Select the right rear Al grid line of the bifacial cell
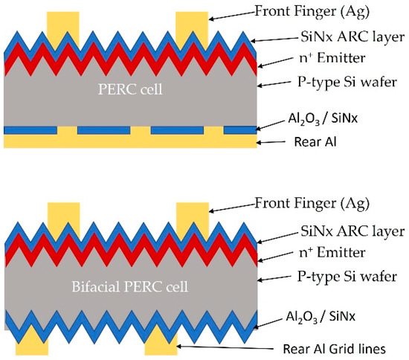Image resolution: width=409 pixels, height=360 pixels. coord(160,347)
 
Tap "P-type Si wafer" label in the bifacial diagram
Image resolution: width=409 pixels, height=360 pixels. coord(339,277)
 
